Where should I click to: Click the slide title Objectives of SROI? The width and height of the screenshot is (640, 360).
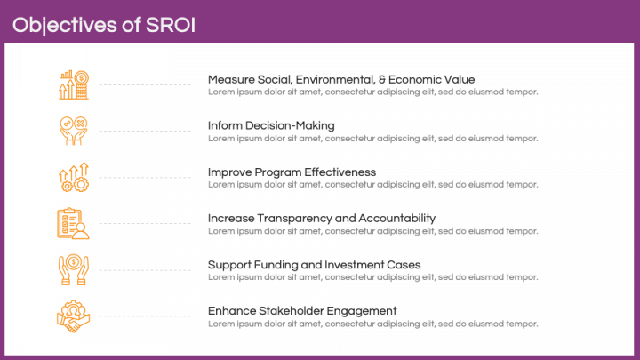click(x=104, y=24)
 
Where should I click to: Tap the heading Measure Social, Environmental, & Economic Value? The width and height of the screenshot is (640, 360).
click(x=341, y=79)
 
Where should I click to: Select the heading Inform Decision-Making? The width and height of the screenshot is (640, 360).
click(x=271, y=125)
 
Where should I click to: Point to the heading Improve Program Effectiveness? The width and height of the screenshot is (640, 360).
click(x=292, y=172)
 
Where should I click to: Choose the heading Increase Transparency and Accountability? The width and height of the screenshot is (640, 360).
click(x=321, y=218)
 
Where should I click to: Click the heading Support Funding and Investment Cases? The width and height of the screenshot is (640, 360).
click(x=314, y=264)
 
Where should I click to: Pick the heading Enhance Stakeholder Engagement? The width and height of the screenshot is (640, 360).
click(x=302, y=310)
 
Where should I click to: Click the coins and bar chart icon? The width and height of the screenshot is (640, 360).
click(x=73, y=85)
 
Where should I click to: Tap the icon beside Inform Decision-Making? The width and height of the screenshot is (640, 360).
click(x=73, y=132)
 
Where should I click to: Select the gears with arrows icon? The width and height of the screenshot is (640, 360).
click(x=73, y=178)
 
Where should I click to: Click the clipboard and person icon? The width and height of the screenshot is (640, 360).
click(x=73, y=224)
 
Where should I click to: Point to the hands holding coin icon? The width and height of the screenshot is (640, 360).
click(x=73, y=270)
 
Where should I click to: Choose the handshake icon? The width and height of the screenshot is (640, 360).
click(x=73, y=316)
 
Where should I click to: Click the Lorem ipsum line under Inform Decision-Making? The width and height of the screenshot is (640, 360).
click(x=372, y=138)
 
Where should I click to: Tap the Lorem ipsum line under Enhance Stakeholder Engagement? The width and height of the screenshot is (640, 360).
click(x=372, y=323)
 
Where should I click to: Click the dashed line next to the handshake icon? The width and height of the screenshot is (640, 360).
click(x=145, y=316)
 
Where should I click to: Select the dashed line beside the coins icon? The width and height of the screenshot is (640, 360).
click(x=145, y=84)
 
